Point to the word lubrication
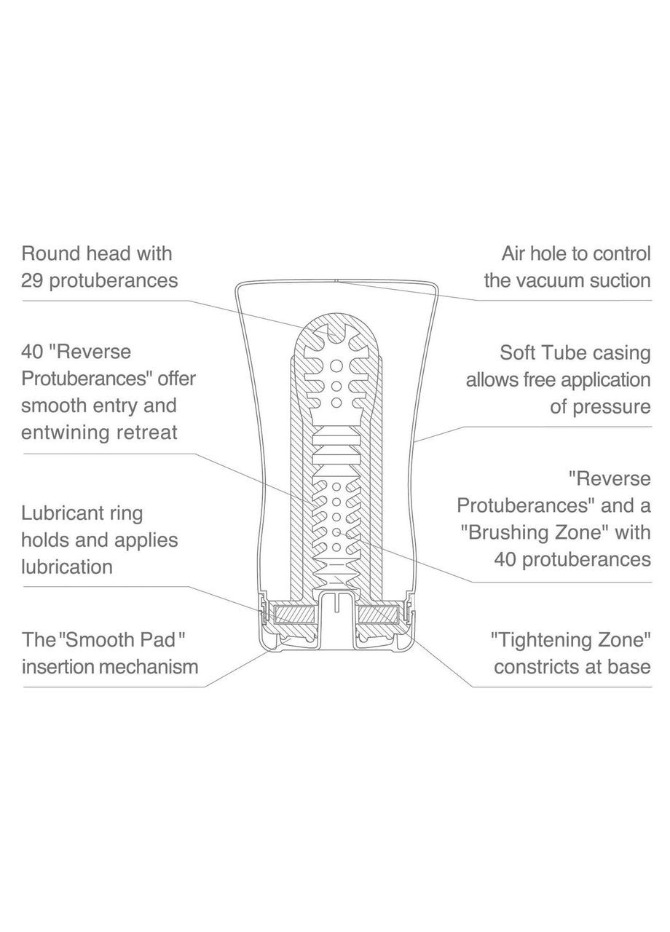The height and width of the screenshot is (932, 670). [x=67, y=566]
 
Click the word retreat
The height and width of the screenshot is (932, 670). [x=149, y=432]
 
